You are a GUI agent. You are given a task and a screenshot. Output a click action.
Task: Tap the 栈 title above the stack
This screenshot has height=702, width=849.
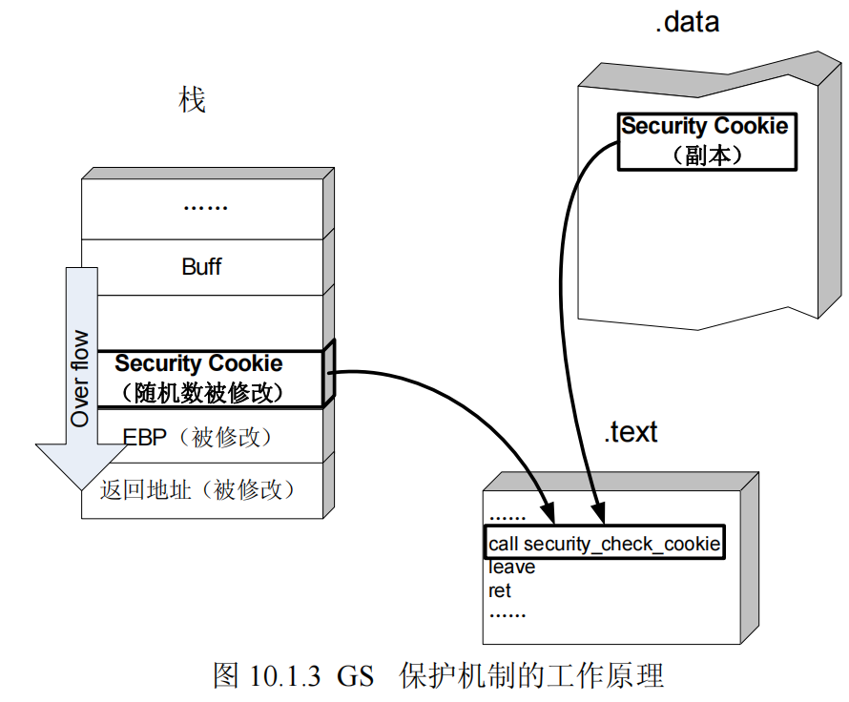(193, 99)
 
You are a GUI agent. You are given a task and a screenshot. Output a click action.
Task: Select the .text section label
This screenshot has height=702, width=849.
(631, 432)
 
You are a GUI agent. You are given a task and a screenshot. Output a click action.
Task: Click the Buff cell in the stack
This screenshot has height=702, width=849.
(201, 267)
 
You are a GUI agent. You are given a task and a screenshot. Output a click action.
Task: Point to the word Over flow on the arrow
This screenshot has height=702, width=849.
(81, 378)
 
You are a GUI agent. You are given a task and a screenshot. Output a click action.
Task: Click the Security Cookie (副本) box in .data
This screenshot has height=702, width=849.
(705, 140)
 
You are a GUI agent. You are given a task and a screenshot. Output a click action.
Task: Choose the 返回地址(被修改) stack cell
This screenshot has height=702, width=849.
(199, 490)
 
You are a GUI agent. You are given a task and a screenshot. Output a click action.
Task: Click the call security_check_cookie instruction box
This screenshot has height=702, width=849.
(603, 544)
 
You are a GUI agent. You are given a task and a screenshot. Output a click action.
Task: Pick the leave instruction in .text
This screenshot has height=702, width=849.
(512, 568)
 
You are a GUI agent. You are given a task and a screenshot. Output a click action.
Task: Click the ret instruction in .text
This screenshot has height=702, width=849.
(500, 590)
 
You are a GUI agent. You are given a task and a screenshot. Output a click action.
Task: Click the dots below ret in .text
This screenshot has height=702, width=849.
(507, 613)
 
